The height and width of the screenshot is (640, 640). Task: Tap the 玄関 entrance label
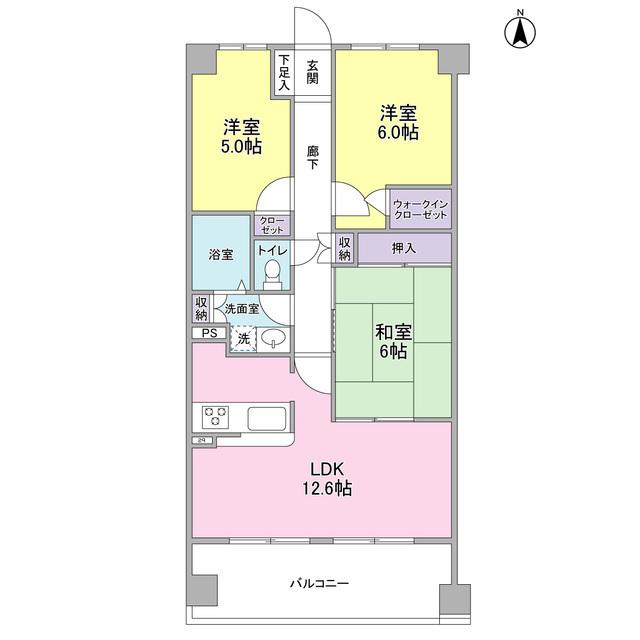(x=313, y=71)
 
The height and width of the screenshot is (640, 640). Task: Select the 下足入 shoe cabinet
(x=284, y=71)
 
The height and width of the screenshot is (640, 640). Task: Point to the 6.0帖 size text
(x=398, y=131)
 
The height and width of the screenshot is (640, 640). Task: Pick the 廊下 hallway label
(x=313, y=157)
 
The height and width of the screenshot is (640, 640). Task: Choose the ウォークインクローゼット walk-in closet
(x=420, y=207)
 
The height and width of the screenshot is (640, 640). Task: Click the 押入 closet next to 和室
(x=404, y=247)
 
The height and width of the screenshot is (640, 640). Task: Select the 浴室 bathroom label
(x=221, y=254)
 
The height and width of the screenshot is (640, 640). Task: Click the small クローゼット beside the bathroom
(x=271, y=224)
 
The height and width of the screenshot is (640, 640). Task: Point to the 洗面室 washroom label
(x=242, y=309)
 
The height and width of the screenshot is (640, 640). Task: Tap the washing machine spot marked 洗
(x=244, y=340)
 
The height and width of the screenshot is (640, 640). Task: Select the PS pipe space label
(x=208, y=334)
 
